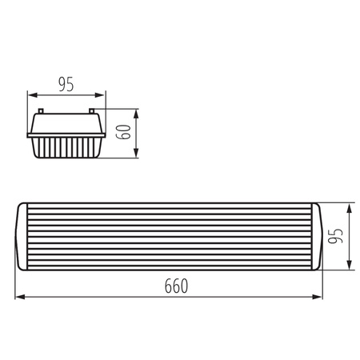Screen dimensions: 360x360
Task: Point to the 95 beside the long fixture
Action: (x=339, y=237)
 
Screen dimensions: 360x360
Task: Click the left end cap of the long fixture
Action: (x=24, y=237)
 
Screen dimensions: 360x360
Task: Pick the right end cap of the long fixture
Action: (x=316, y=237)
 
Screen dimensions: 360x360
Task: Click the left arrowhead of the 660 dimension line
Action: (x=20, y=298)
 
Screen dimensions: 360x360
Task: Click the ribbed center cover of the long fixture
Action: (x=170, y=237)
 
